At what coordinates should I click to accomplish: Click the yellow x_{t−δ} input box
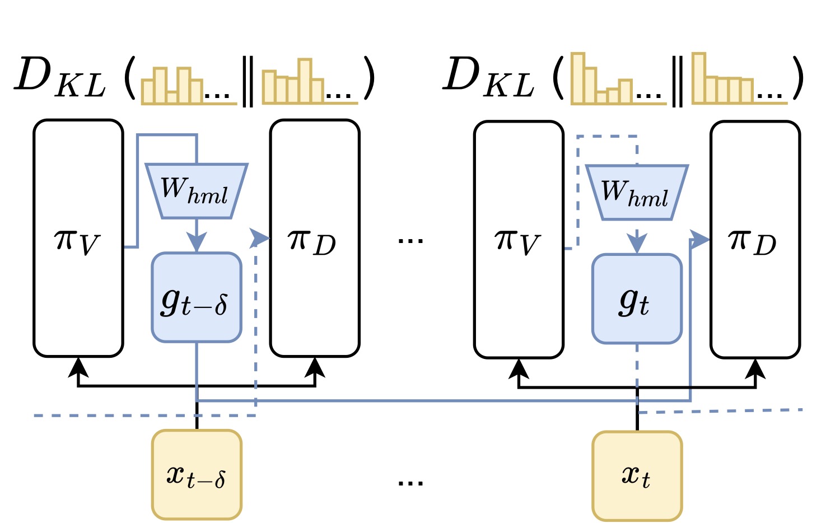197,475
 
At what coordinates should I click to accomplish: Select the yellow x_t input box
637,476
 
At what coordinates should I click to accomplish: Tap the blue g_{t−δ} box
197,297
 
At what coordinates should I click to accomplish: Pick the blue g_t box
637,299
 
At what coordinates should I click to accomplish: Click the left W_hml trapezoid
197,191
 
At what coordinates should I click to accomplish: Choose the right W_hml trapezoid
637,192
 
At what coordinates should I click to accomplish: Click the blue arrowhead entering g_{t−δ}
197,242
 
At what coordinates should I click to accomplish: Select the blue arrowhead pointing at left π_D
259,237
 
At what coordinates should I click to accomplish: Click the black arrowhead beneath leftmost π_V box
78,367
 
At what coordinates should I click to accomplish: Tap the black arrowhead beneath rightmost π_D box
755,368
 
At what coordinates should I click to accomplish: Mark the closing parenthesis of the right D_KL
799,78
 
